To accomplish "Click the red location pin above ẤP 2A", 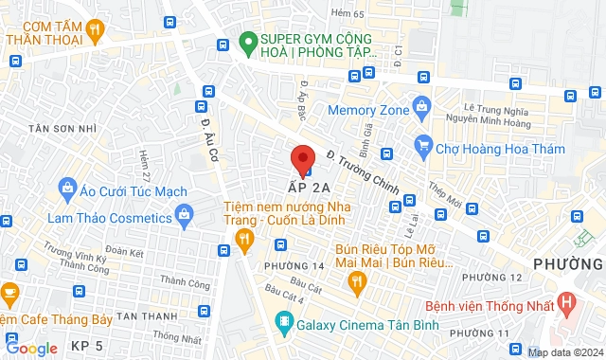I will (x=302, y=157).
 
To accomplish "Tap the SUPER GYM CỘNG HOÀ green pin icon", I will (x=249, y=41).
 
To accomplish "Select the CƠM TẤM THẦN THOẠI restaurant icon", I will (x=96, y=31).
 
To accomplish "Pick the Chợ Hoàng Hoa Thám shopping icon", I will (x=422, y=147).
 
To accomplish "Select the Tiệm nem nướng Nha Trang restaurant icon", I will (x=244, y=238).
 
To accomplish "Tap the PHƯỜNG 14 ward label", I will (x=288, y=266).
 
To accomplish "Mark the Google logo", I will (x=31, y=348).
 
